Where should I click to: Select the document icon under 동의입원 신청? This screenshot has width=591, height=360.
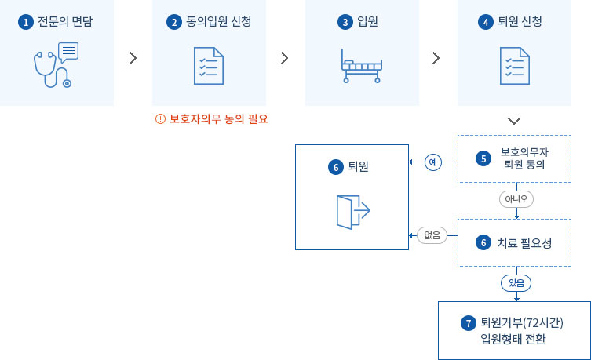209,66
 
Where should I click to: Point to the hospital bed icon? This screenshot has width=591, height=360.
361,66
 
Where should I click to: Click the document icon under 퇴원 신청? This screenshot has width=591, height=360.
514,66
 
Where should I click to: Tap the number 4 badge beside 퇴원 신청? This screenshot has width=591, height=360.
486,22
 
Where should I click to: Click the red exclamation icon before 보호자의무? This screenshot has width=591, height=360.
161,119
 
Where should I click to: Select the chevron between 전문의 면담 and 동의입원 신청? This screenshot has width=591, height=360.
133,58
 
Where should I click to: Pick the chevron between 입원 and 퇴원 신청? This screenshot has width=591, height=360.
436,58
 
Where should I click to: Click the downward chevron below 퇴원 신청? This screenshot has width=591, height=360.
514,121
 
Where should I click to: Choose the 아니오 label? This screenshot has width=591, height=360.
516,199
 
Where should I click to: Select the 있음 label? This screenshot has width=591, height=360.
516,282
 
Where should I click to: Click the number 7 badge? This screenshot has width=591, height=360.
469,323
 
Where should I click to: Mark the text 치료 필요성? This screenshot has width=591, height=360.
524,243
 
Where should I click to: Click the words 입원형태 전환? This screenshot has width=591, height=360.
513,340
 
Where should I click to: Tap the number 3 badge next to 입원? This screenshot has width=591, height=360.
344,22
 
